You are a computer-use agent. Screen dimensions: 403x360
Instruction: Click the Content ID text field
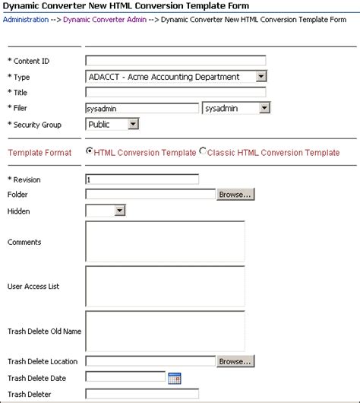tap(175, 61)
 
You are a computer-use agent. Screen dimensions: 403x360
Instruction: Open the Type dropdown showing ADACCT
tap(176, 76)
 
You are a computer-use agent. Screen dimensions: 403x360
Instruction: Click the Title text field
tap(175, 92)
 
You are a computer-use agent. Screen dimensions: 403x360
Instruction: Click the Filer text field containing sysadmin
tap(142, 109)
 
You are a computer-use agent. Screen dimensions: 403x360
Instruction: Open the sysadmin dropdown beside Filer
tap(235, 109)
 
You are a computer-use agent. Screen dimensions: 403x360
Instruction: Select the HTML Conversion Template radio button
tap(90, 151)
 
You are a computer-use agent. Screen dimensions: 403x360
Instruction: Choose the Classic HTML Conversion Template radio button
tap(203, 151)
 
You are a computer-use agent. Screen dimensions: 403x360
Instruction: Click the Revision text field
tap(142, 179)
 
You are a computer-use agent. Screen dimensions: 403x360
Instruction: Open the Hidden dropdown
tap(105, 211)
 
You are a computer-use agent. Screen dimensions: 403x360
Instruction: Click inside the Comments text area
tap(165, 242)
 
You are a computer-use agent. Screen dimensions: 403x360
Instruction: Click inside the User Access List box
tap(165, 286)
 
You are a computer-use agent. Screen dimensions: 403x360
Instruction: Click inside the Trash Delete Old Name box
tap(165, 331)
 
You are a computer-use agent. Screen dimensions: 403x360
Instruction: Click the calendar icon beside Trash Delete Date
tap(174, 377)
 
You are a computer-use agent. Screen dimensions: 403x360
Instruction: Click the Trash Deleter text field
tap(142, 393)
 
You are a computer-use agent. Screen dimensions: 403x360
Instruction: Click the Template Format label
tap(39, 153)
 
